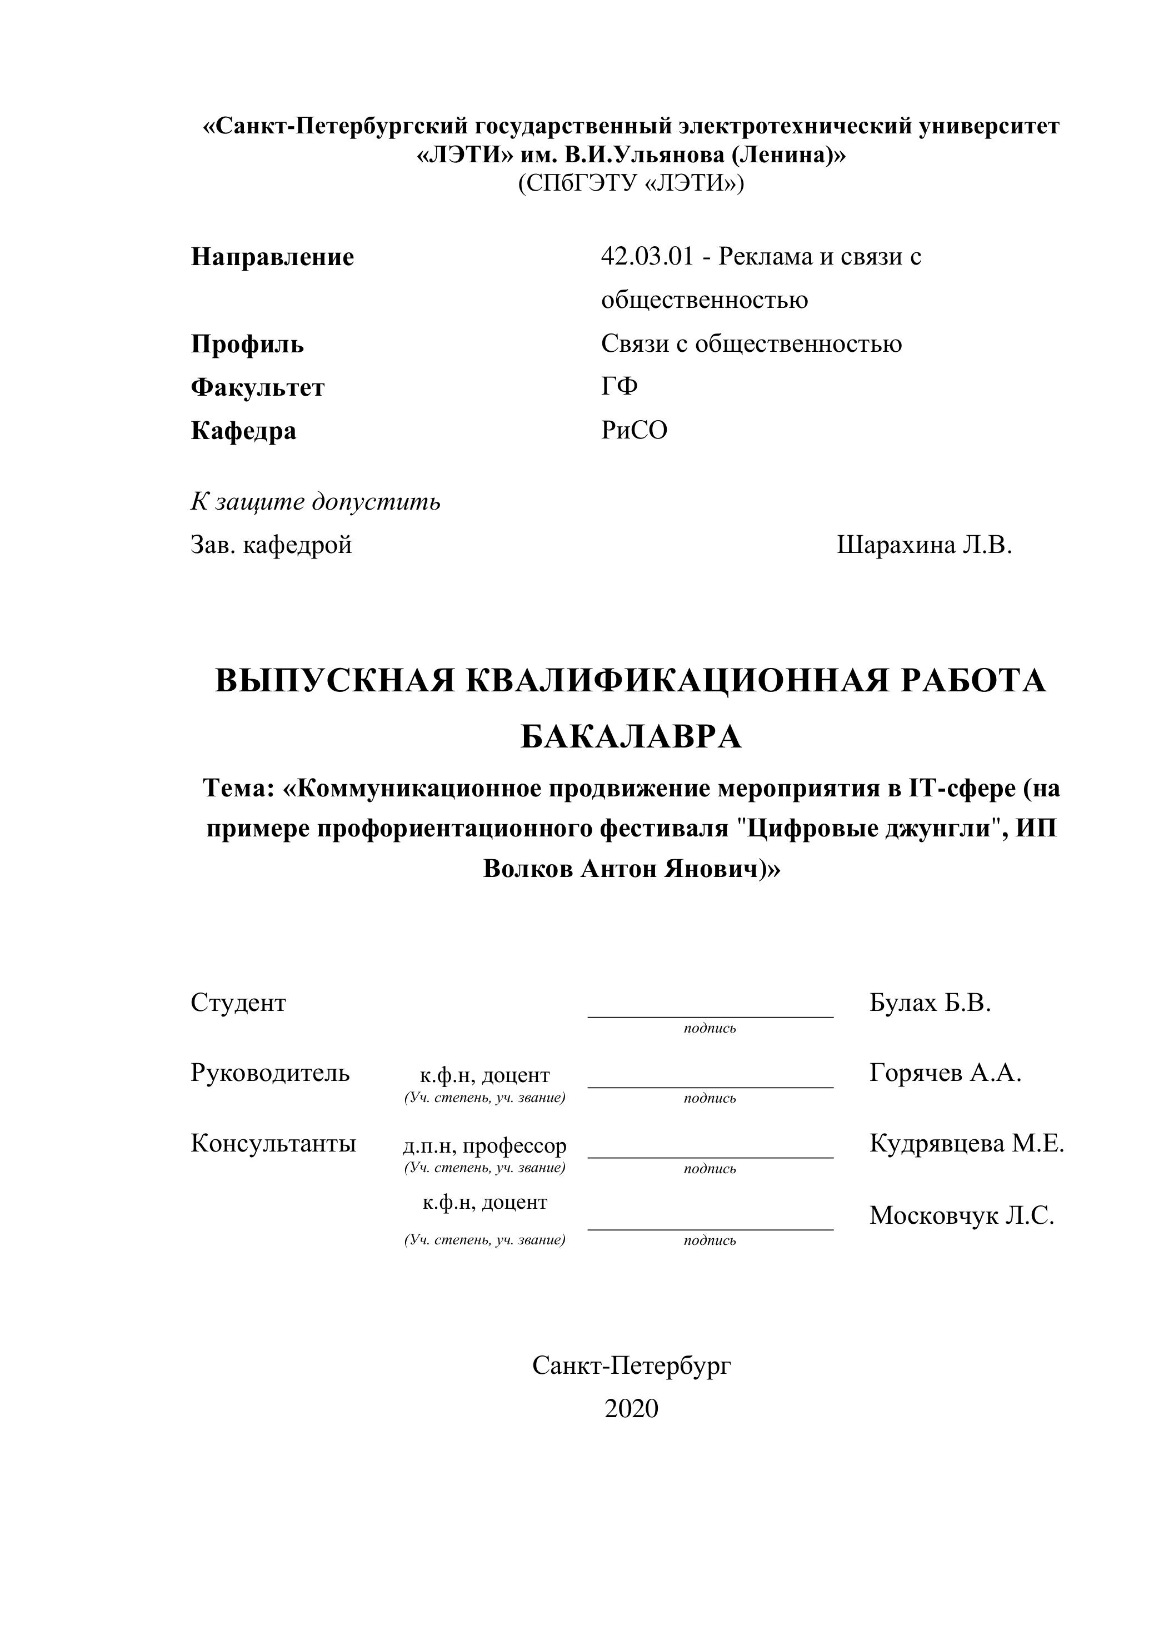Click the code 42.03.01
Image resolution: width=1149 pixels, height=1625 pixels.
click(x=647, y=256)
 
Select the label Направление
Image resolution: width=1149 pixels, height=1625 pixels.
click(x=272, y=257)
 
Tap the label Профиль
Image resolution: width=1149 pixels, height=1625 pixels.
click(x=248, y=344)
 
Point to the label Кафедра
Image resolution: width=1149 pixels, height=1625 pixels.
click(x=243, y=431)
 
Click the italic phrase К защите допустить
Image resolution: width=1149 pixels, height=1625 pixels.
click(x=316, y=502)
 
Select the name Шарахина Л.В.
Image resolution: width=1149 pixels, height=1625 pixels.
click(x=924, y=545)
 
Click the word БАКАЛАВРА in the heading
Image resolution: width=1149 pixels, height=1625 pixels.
click(x=631, y=737)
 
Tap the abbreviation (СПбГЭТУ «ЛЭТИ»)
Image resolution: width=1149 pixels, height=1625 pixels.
click(x=631, y=183)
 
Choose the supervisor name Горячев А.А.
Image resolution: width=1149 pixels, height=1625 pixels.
click(x=945, y=1073)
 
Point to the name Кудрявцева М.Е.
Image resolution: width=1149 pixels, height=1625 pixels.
click(x=966, y=1143)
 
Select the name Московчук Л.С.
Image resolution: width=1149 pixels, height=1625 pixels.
click(x=962, y=1215)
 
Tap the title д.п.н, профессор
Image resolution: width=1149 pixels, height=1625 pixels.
click(x=484, y=1145)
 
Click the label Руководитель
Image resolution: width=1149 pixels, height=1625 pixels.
click(x=269, y=1073)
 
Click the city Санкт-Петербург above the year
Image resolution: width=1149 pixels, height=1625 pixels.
click(x=631, y=1365)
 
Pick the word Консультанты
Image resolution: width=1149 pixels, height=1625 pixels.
click(x=273, y=1143)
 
